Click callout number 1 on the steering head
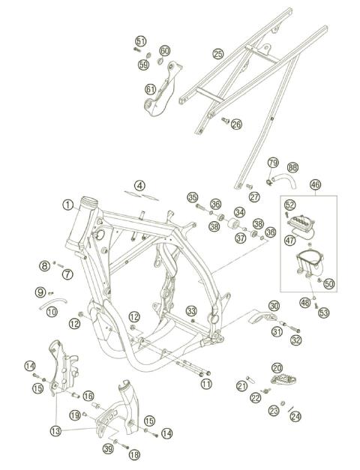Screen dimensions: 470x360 pos(67,205)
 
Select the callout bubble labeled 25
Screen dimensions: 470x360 pos(218,54)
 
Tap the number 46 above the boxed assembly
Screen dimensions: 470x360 pos(315,184)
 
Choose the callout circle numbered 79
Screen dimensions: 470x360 pos(273,163)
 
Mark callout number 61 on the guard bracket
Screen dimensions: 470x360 pos(151,89)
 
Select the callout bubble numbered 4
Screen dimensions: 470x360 pos(140,185)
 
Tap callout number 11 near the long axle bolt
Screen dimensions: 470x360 pos(205,383)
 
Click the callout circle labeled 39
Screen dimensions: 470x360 pos(109,448)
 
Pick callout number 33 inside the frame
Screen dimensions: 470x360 pos(192,310)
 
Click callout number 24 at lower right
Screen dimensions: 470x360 pos(295,416)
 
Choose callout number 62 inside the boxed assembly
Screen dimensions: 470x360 pos(290,203)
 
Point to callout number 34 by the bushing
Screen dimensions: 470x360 pos(239,212)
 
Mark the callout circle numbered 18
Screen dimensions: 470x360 pos(134,454)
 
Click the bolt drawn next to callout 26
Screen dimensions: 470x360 pos(223,119)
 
